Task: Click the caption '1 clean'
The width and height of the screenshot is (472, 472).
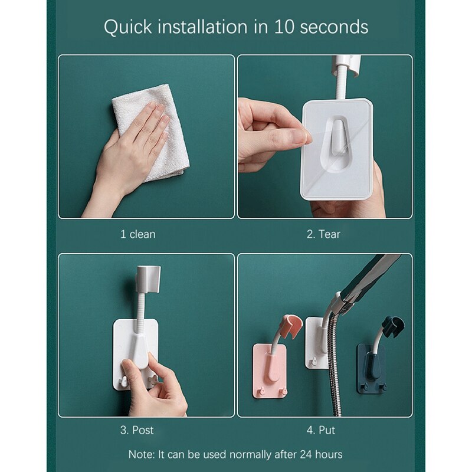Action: pyautogui.click(x=138, y=234)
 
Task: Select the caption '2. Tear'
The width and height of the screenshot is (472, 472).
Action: pyautogui.click(x=323, y=234)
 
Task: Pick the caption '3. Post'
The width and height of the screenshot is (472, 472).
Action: pyautogui.click(x=137, y=430)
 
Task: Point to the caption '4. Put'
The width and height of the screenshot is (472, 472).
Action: pyautogui.click(x=321, y=430)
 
